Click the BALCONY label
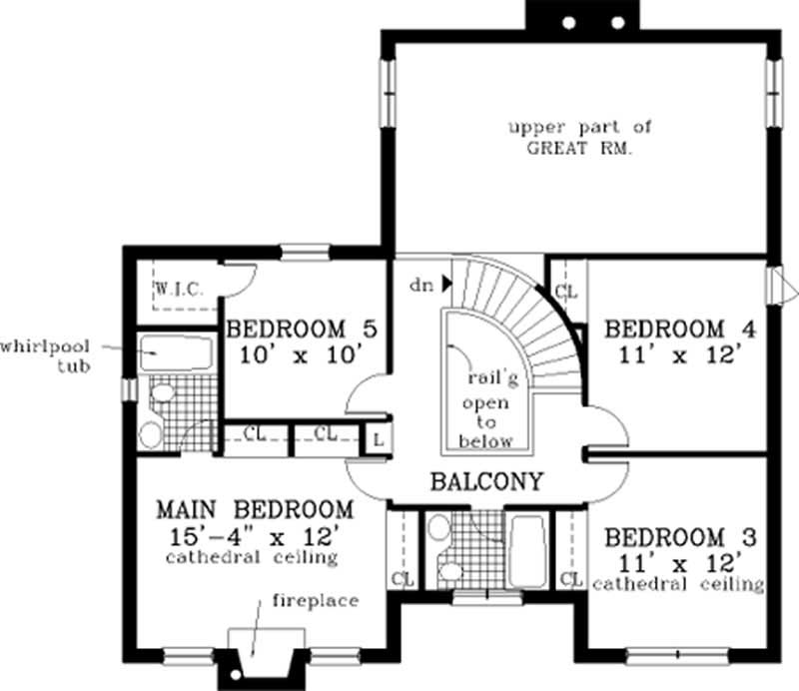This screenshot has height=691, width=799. point(486,481)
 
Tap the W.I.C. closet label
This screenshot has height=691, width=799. point(180,290)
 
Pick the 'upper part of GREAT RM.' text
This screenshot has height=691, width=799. point(579,137)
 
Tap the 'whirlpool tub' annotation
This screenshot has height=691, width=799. point(45,355)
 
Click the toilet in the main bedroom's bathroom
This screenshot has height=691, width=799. point(151,432)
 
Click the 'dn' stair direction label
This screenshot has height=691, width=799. point(419,285)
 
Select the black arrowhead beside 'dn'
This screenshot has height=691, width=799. point(445,284)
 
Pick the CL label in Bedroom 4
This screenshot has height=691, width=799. point(566,292)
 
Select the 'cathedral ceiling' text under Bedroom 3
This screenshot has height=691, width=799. point(678,583)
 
